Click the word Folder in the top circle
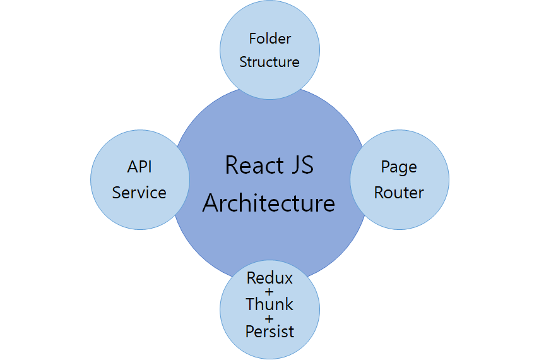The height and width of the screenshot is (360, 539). [270, 39]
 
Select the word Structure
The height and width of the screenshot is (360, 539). [269, 62]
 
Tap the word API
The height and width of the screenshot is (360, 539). [139, 167]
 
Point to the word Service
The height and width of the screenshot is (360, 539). [139, 193]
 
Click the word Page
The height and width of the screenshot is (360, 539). [399, 167]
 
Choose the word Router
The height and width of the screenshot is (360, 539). [399, 193]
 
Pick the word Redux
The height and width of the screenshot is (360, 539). [269, 278]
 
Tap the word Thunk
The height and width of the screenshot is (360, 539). [269, 304]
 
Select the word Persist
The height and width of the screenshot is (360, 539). [269, 331]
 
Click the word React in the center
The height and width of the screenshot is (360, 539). [255, 166]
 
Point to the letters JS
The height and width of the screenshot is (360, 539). [302, 166]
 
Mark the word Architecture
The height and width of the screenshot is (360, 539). [269, 203]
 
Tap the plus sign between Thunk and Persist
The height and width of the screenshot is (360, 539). [269, 318]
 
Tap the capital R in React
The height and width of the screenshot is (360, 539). [232, 166]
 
